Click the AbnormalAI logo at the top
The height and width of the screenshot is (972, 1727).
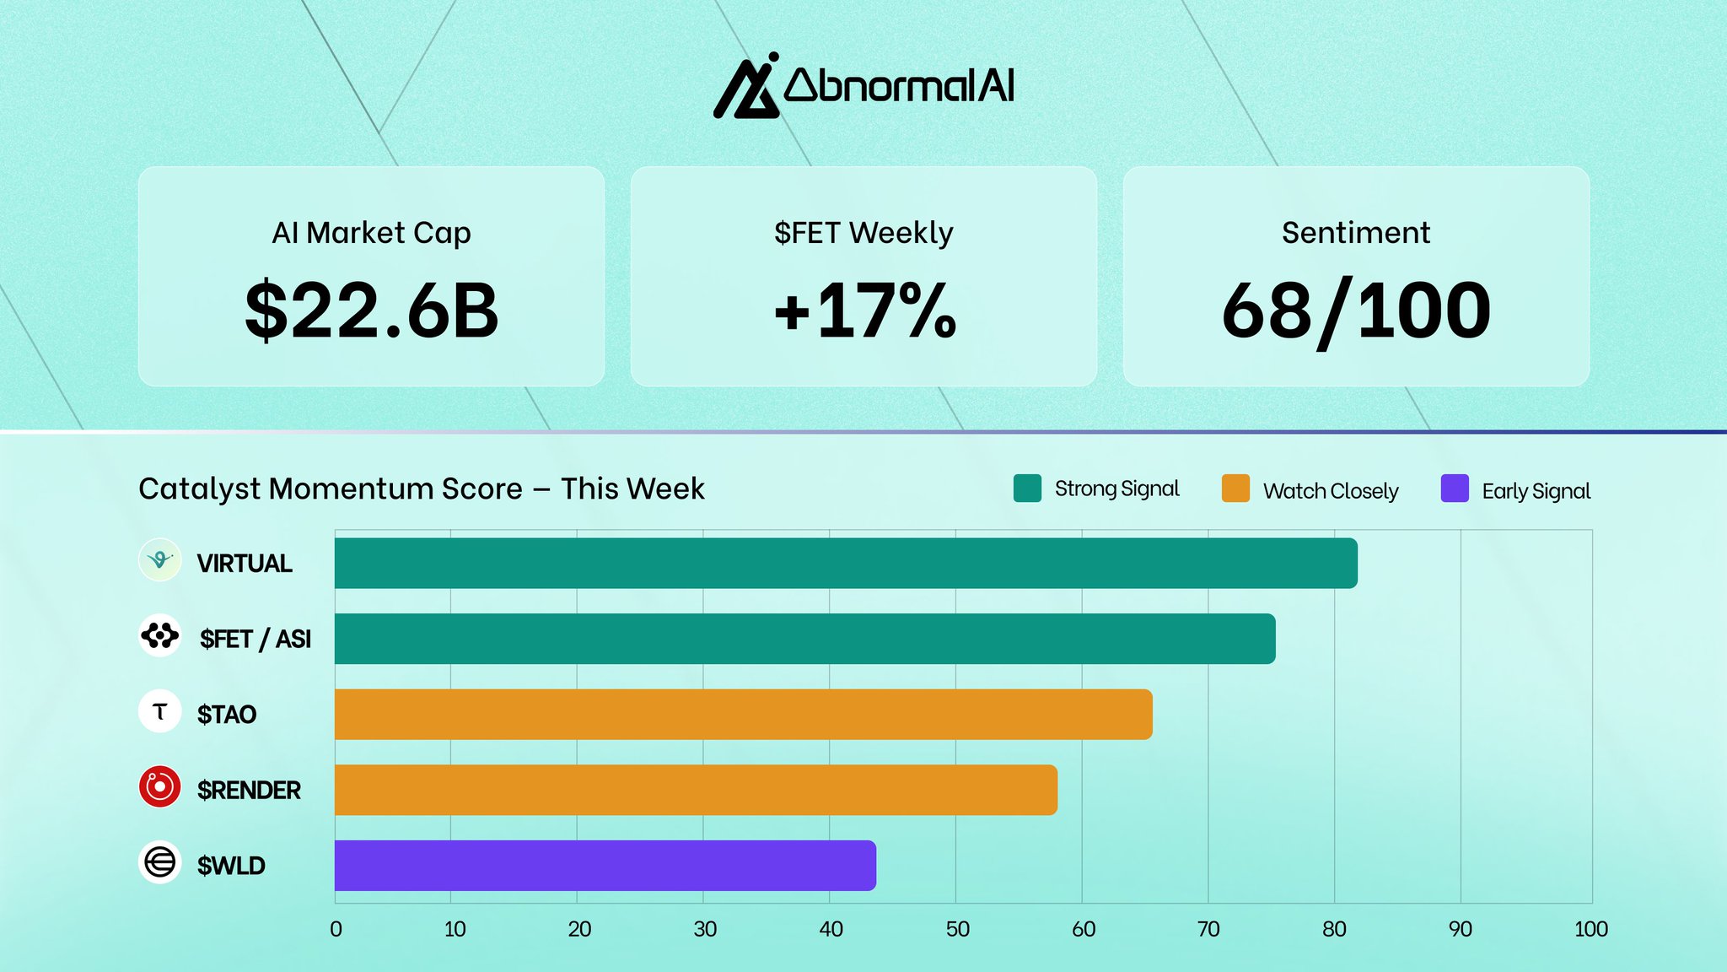[x=863, y=86]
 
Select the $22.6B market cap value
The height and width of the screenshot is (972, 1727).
[x=372, y=311]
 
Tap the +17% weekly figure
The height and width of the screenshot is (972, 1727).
[x=865, y=311]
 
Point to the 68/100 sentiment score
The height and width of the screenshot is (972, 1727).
[x=1356, y=311]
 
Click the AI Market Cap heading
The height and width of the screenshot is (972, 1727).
[x=371, y=233]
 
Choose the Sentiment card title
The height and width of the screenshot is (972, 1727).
[x=1356, y=232]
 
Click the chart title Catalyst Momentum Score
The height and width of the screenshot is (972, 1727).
[x=422, y=489]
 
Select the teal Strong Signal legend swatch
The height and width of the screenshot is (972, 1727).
[x=1027, y=489]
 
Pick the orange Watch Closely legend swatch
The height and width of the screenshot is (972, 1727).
[x=1235, y=489]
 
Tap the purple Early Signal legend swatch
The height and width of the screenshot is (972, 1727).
[x=1455, y=489]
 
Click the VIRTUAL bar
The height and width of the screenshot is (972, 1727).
[x=846, y=563]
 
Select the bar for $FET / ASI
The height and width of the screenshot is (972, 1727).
[x=805, y=639]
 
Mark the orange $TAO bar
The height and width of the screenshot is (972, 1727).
[x=744, y=715]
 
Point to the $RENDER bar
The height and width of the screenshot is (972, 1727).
[x=696, y=790]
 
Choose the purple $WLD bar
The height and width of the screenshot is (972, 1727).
[x=605, y=866]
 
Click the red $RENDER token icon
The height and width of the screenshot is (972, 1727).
[x=159, y=787]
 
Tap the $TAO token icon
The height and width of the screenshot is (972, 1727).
[x=159, y=711]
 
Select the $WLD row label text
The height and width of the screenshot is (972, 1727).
[x=231, y=866]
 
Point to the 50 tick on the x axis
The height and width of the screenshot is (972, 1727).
[x=957, y=929]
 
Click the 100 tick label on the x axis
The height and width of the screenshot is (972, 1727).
[x=1591, y=929]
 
